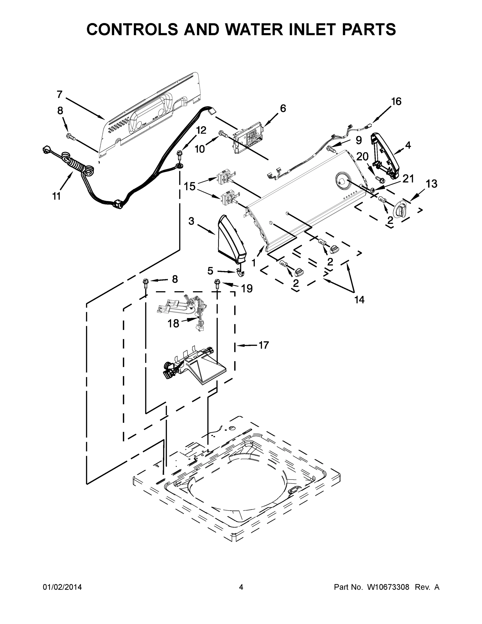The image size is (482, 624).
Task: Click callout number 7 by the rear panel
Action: (x=60, y=94)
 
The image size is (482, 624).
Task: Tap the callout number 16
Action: (x=396, y=101)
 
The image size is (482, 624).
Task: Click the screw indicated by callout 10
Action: (x=222, y=133)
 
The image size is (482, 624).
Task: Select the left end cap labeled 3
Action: (x=231, y=240)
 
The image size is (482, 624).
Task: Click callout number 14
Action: (x=360, y=300)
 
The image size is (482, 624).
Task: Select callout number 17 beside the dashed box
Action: (x=263, y=345)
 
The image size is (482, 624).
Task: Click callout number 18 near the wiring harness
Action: (x=173, y=323)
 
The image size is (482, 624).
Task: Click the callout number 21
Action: (x=408, y=179)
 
